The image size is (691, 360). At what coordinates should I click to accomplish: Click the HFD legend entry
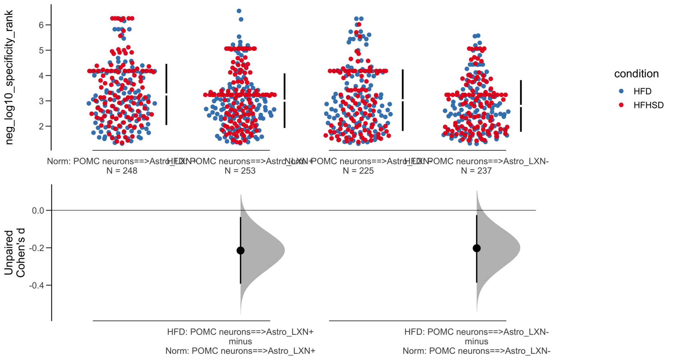coord(642,91)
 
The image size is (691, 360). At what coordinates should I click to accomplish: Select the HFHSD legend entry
coord(648,105)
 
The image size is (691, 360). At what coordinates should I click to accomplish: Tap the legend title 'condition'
coord(636,74)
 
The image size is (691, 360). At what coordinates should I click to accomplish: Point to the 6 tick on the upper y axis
coord(41,25)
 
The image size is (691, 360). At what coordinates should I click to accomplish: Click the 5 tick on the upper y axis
coord(41,50)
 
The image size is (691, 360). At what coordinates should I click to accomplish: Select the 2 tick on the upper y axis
coord(41,126)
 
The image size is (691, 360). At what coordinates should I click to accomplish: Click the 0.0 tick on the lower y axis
coord(38,211)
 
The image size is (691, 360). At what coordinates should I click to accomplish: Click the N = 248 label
coord(122,171)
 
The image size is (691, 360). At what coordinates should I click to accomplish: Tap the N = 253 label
coord(240,171)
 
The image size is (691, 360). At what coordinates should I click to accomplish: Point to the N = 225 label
coord(358,171)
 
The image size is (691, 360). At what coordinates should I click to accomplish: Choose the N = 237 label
coord(476,171)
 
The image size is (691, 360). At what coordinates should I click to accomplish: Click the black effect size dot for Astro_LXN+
coord(240,251)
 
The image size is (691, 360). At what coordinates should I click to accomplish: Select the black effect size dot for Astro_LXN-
coord(477,248)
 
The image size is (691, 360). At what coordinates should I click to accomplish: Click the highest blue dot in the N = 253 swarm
coord(239,11)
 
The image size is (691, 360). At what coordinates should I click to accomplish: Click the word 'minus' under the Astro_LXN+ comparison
coord(240,341)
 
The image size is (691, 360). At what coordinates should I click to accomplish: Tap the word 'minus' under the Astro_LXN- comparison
coord(477,341)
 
